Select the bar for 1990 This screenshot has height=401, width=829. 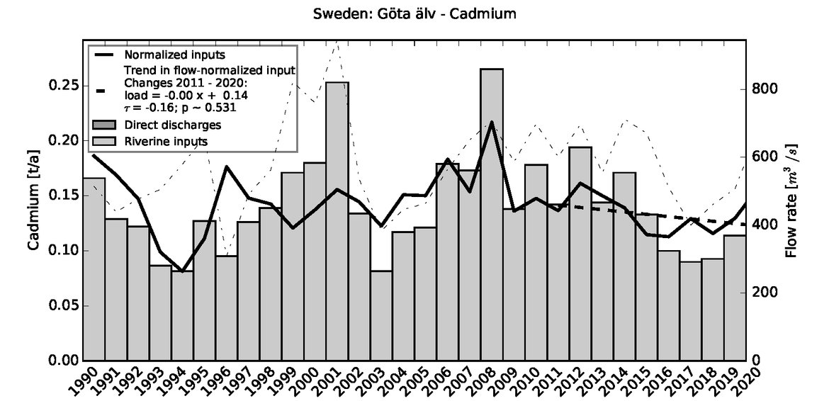tap(94, 269)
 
